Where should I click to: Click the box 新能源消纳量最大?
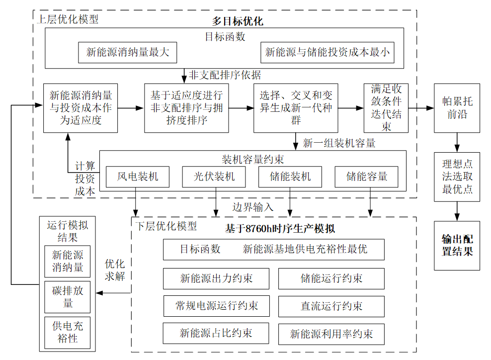point(128,52)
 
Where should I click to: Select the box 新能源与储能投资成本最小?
point(327,52)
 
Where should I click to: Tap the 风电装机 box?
point(138,177)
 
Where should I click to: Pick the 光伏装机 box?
point(215,177)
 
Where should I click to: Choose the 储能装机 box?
point(290,177)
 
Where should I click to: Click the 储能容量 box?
point(367,177)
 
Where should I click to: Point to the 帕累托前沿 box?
point(457,108)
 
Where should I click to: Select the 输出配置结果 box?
point(457,246)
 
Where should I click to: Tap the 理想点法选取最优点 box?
point(457,177)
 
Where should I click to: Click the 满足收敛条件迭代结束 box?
point(386,108)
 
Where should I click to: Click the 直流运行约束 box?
point(331,306)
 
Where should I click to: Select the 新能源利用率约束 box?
point(331,334)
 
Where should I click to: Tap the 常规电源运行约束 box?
point(216,305)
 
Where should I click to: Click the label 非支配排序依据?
point(225,75)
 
